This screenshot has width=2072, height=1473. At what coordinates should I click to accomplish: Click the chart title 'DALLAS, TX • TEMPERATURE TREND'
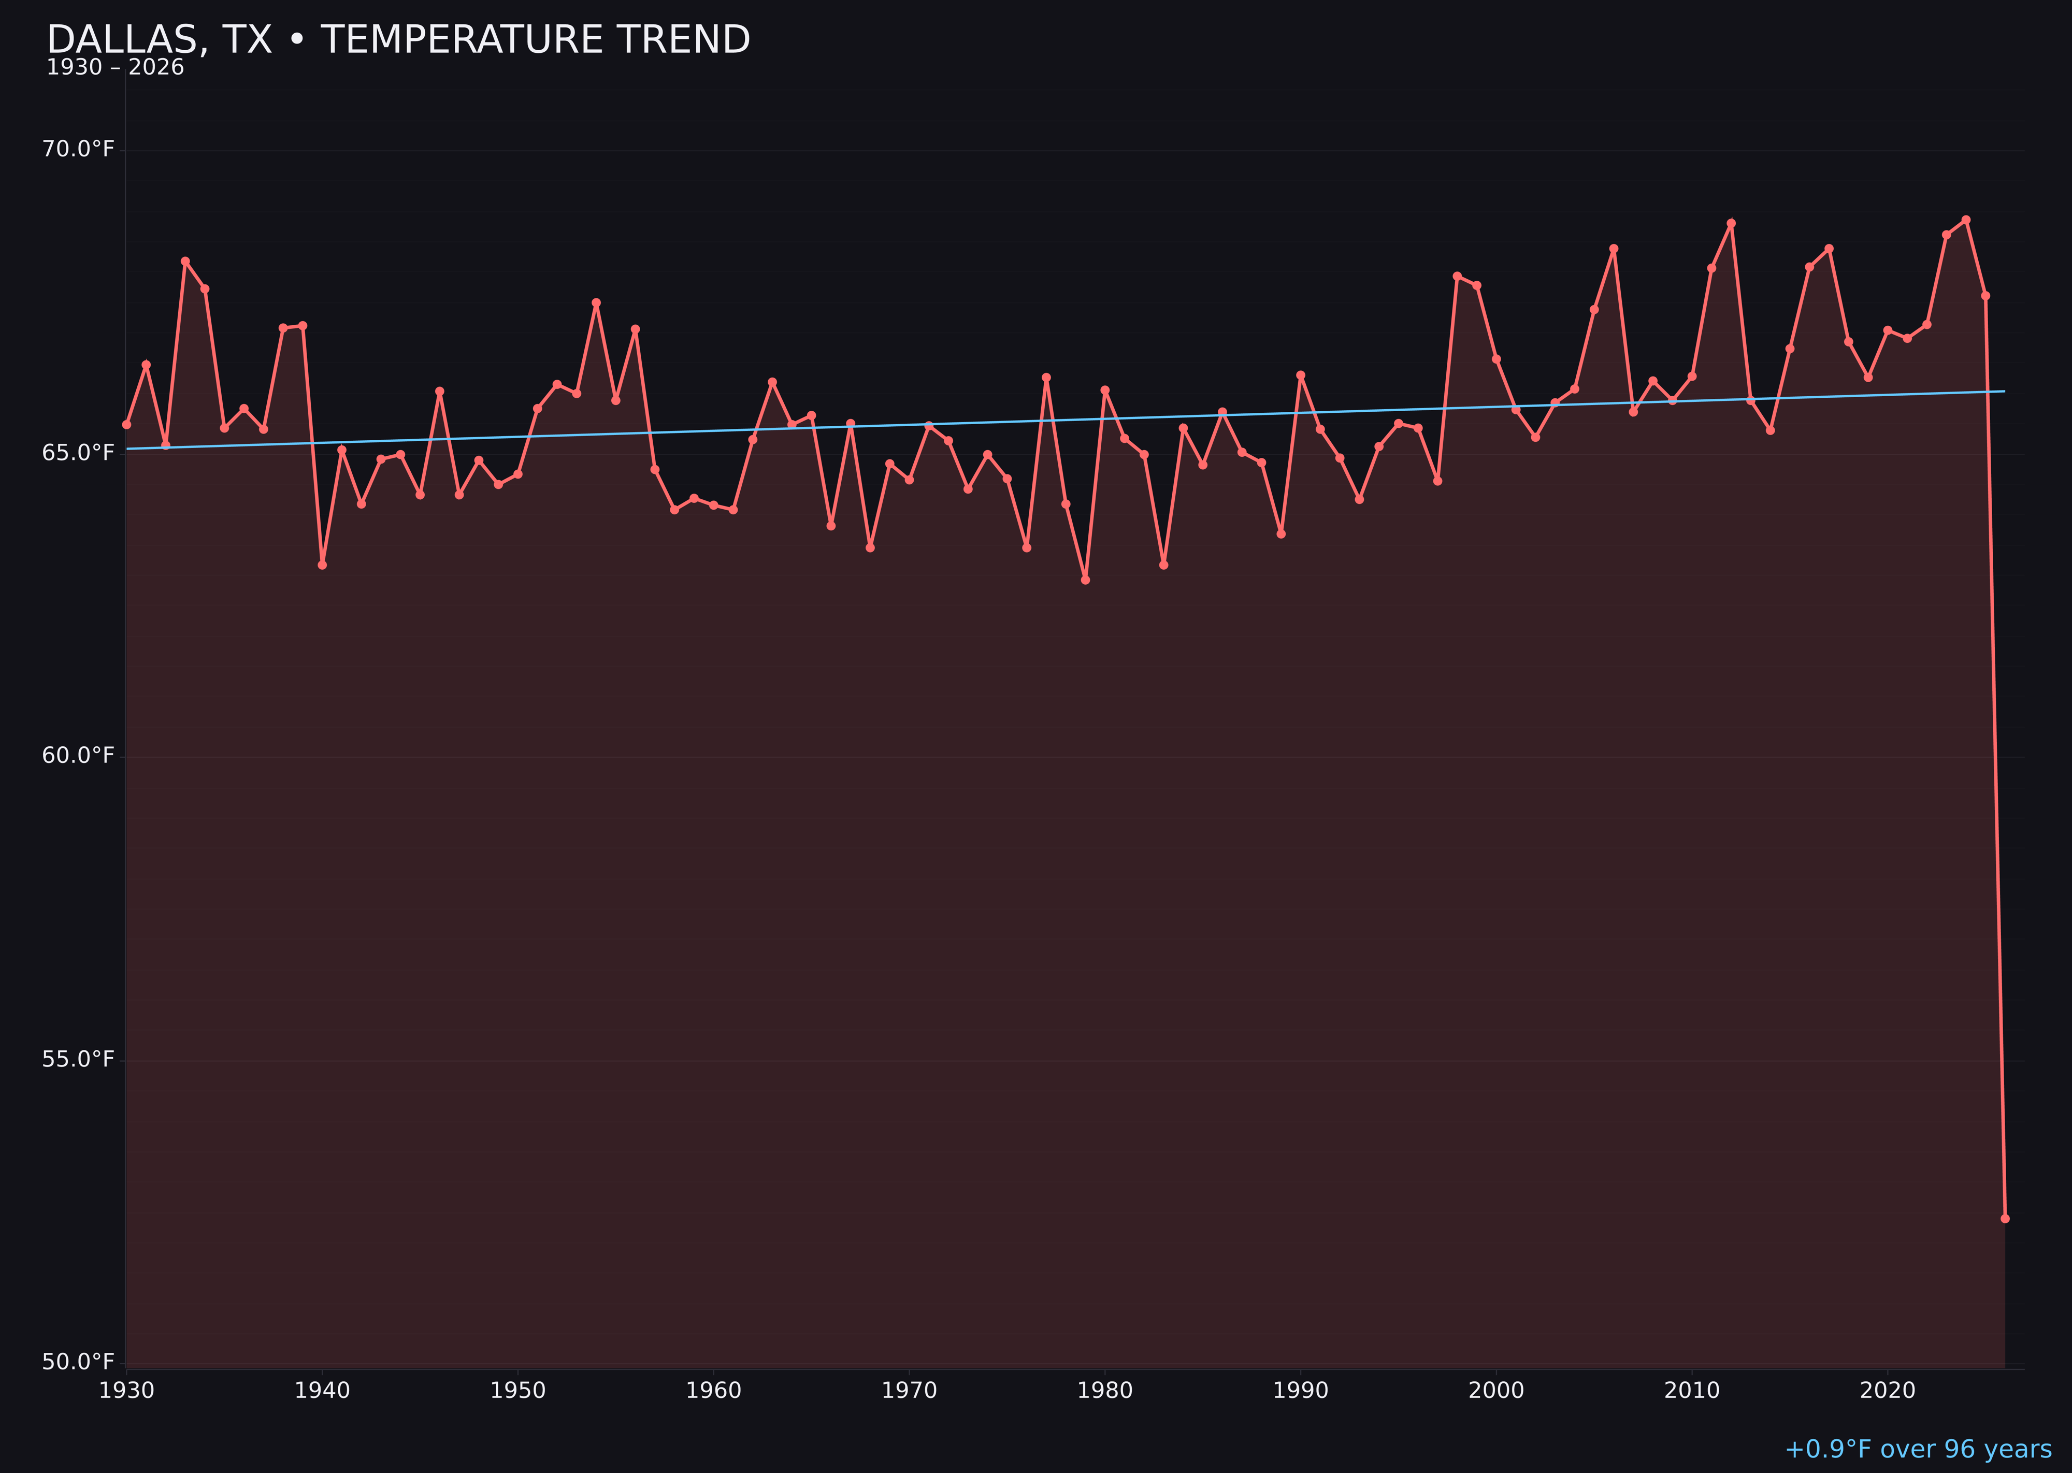(x=398, y=40)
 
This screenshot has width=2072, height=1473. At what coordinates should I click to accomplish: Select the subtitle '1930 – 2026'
(x=115, y=68)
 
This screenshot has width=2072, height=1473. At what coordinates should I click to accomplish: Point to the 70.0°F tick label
(x=78, y=149)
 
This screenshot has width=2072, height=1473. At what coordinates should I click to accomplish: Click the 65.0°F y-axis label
(x=78, y=453)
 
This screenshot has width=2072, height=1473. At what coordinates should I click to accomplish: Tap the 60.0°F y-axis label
(x=78, y=756)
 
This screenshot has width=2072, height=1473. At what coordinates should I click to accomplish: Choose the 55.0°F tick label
(x=78, y=1059)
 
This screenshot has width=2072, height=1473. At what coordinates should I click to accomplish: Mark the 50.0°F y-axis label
(x=78, y=1362)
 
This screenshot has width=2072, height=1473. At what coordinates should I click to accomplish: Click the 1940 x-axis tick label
(x=322, y=1391)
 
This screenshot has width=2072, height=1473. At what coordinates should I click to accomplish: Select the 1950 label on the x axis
(x=518, y=1391)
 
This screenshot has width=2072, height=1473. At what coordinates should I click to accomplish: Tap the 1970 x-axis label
(x=909, y=1391)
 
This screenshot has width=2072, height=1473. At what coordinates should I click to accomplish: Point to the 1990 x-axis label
(x=1301, y=1391)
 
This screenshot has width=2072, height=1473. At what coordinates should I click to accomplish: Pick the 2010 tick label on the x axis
(x=1692, y=1391)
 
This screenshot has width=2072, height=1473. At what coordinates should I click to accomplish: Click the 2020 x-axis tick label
(x=1888, y=1391)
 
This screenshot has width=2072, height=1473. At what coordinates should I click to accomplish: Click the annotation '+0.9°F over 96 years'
(x=1918, y=1449)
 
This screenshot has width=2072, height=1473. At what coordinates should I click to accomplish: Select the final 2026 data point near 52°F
(x=2005, y=1218)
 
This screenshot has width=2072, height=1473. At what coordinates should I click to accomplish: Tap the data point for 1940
(x=322, y=565)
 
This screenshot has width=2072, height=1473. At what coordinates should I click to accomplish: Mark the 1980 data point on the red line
(x=1105, y=390)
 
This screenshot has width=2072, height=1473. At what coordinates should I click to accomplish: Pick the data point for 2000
(x=1496, y=359)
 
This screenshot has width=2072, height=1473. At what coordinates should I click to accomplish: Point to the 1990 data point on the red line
(x=1301, y=374)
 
